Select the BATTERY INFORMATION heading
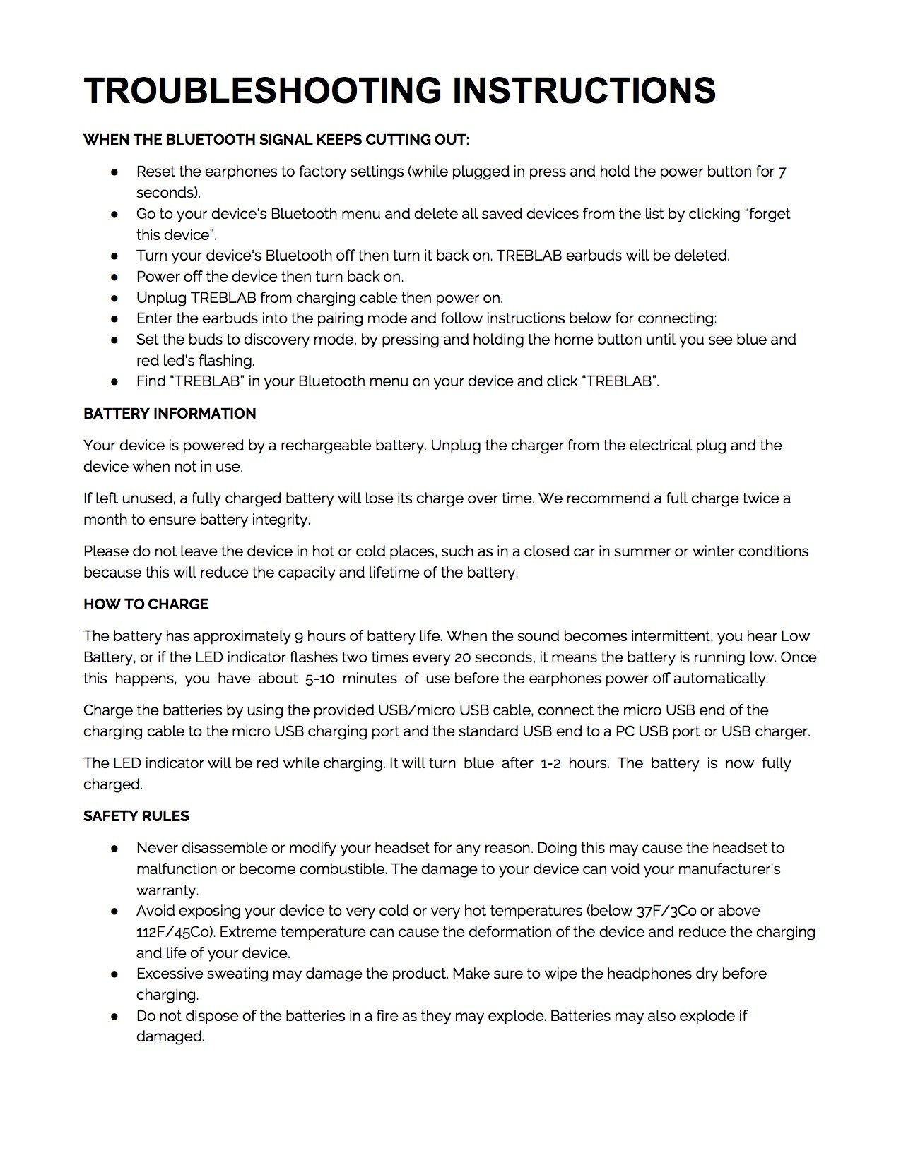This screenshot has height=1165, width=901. click(170, 414)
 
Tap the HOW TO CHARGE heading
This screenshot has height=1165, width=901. click(146, 604)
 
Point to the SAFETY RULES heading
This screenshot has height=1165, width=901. click(136, 816)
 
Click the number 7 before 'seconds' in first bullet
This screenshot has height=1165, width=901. click(782, 172)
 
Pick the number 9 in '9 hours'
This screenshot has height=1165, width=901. click(299, 636)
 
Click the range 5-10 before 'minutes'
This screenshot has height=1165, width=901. click(319, 679)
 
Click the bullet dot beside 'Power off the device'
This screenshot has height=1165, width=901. click(114, 277)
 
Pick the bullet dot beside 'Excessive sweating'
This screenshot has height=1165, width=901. click(114, 974)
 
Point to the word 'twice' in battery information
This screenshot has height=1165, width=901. click(760, 498)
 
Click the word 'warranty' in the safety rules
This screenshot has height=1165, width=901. click(167, 890)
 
